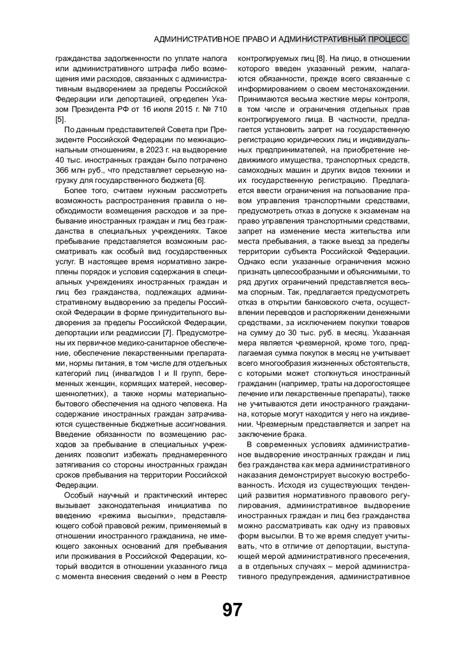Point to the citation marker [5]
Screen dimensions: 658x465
pyautogui.click(x=60, y=119)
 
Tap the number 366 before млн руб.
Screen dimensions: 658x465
pyautogui.click(x=63, y=170)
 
